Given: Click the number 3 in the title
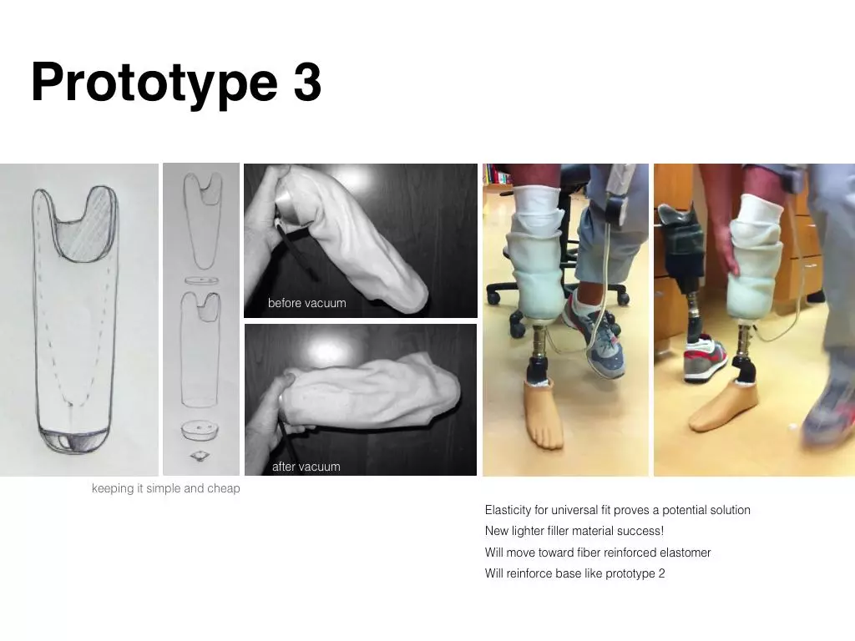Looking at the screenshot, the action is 307,82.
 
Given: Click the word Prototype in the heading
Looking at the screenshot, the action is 154,84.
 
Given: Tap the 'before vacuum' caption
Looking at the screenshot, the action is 307,303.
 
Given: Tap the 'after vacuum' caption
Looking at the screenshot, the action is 306,467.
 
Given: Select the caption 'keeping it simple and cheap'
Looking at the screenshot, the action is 166,488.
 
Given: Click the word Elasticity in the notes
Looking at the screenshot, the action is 508,510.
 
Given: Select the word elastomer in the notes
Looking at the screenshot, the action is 685,553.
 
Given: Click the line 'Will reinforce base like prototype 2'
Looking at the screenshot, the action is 574,573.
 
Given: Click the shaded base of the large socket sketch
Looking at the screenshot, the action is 74,439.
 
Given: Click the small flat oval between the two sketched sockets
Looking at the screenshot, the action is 201,280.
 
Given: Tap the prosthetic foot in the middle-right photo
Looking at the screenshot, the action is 544,412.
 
